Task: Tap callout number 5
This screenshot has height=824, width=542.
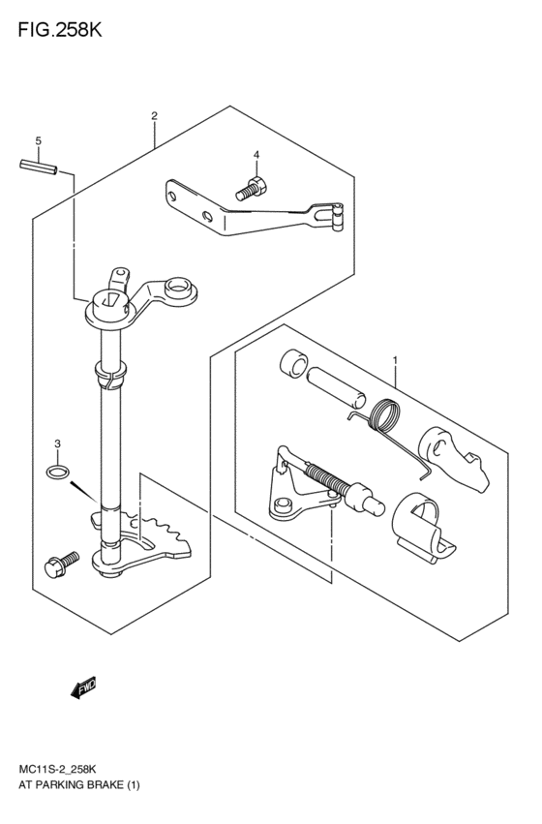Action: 38,142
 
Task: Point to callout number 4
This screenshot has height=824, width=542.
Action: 256,155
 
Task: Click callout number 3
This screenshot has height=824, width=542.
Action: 57,444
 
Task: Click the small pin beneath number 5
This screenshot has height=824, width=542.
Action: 38,167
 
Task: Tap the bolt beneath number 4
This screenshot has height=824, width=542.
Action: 251,189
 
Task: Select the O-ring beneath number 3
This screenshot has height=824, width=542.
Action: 57,473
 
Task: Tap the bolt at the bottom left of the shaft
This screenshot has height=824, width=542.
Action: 69,560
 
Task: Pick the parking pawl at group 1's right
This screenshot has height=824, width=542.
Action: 451,453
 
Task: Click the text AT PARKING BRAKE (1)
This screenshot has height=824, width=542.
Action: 77,786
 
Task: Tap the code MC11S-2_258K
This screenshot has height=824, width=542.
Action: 64,769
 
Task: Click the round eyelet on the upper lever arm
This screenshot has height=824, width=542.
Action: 178,289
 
